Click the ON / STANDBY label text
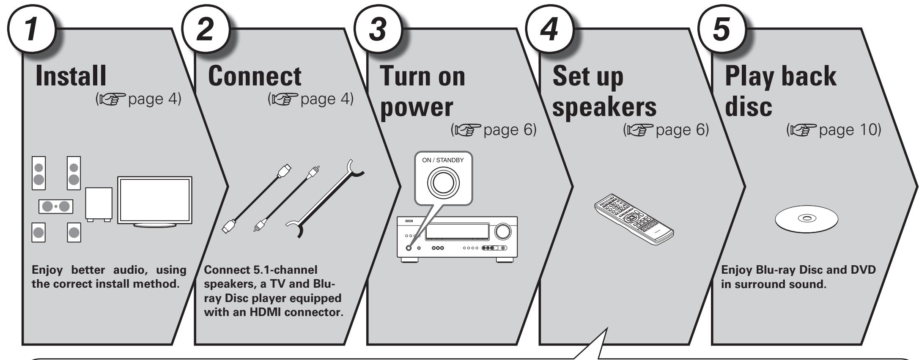click(443, 161)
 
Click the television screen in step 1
click(155, 200)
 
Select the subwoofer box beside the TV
click(99, 203)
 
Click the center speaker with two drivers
click(55, 206)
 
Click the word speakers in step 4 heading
click(605, 109)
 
